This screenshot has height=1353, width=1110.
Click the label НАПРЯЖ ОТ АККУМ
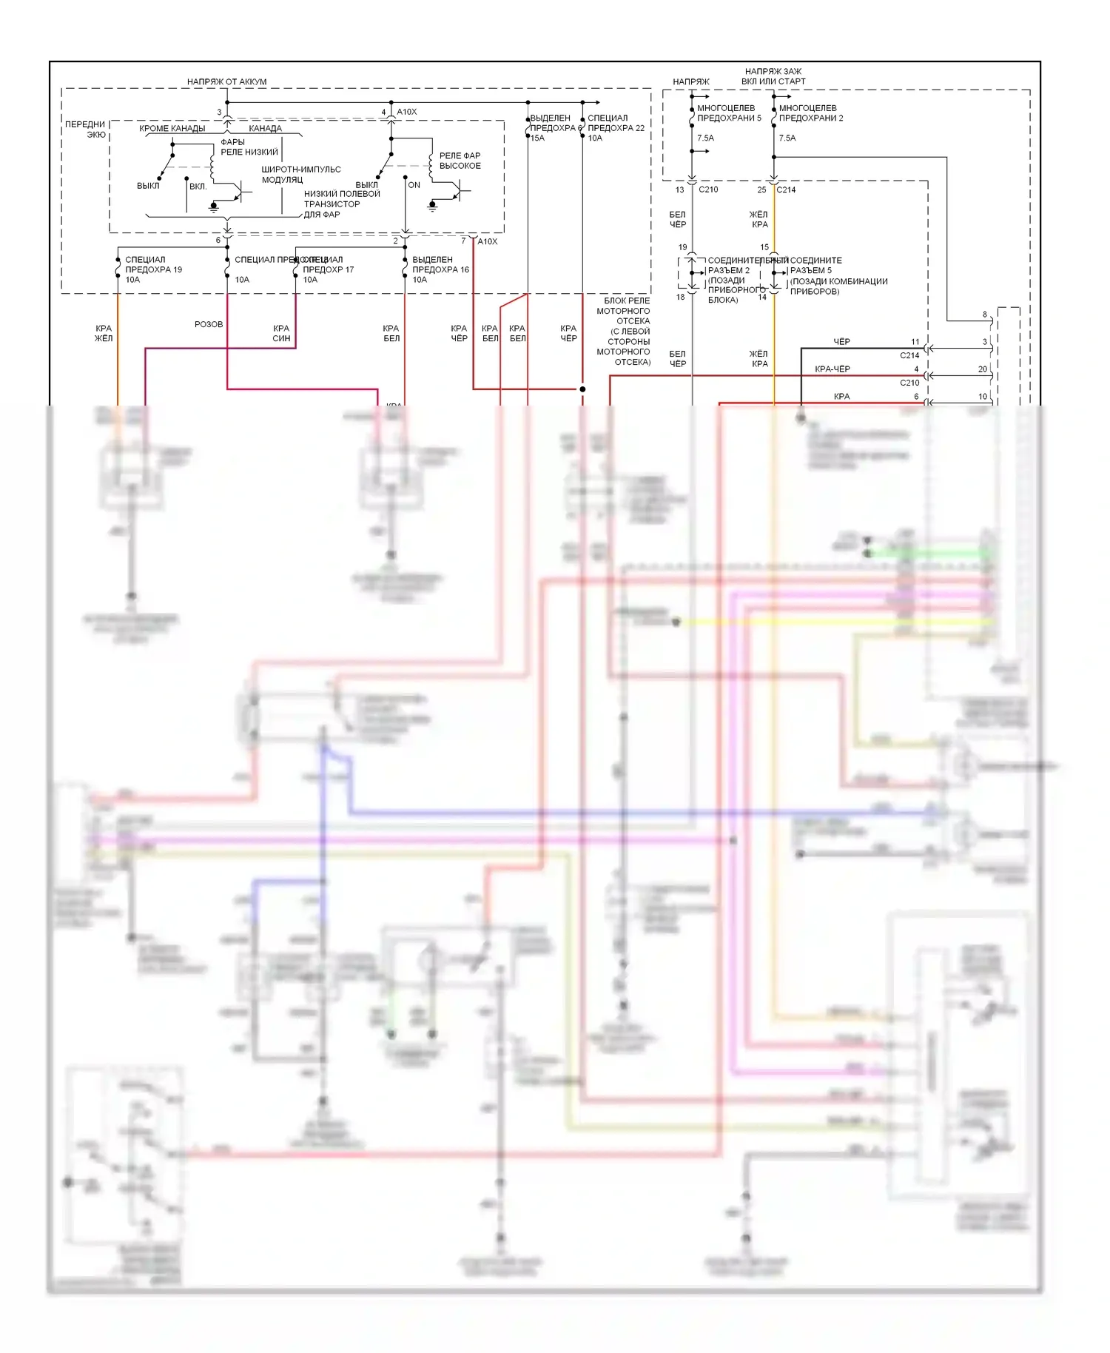point(226,81)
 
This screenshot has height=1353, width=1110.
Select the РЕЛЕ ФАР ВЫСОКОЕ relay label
point(460,161)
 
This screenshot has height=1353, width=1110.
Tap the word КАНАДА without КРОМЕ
point(265,128)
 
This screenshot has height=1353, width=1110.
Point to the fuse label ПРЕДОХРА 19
point(153,269)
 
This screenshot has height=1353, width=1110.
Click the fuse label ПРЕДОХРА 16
point(440,269)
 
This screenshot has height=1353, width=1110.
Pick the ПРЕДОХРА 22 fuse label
point(616,128)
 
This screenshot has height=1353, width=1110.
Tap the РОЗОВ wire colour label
point(209,324)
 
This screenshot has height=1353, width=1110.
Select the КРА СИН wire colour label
point(281,333)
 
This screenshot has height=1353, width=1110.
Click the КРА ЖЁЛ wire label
point(104,333)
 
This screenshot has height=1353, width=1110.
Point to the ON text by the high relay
point(414,185)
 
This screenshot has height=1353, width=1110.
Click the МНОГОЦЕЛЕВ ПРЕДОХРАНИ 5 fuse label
point(728,113)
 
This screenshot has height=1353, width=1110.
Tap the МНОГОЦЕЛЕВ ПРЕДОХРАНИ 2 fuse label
point(810,113)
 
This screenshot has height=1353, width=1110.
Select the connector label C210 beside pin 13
point(708,189)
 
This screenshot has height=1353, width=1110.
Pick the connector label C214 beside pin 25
point(786,189)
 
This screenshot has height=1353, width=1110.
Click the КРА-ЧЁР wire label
point(832,369)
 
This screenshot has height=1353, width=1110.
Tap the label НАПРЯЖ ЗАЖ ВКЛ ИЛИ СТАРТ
point(773,76)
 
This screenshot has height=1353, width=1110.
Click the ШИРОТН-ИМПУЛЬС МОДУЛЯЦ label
point(300,174)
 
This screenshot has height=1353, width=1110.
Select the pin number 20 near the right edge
point(982,369)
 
